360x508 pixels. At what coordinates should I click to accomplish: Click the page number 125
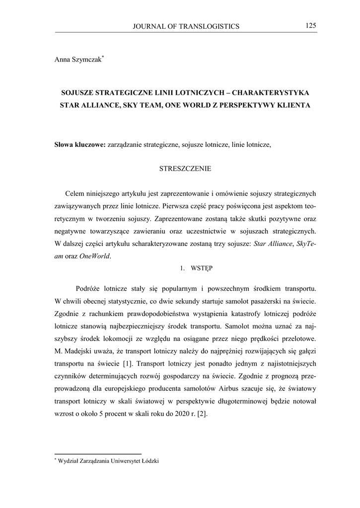pos(311,25)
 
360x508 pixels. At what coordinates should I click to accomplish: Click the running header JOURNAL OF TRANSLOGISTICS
pos(186,26)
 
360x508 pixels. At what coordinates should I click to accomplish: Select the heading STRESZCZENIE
pos(185,169)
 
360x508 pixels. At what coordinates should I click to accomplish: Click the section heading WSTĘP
pos(202,268)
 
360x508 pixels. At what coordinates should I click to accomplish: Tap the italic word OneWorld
pos(95,256)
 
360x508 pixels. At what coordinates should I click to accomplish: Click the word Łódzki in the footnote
pos(149,461)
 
